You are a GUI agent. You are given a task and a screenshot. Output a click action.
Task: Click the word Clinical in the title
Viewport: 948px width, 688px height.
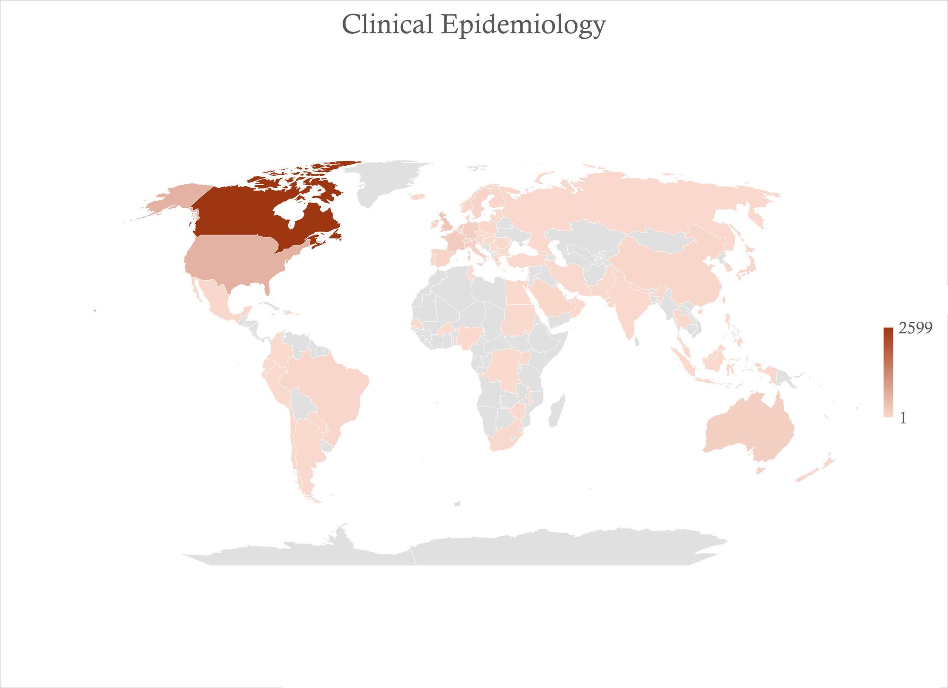[387, 25]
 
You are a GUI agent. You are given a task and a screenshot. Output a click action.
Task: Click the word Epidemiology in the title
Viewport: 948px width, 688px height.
[523, 26]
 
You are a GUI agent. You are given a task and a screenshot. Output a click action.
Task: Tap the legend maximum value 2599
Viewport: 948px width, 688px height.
[915, 328]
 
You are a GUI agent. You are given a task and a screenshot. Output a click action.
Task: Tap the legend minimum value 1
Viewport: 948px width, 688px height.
[903, 418]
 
